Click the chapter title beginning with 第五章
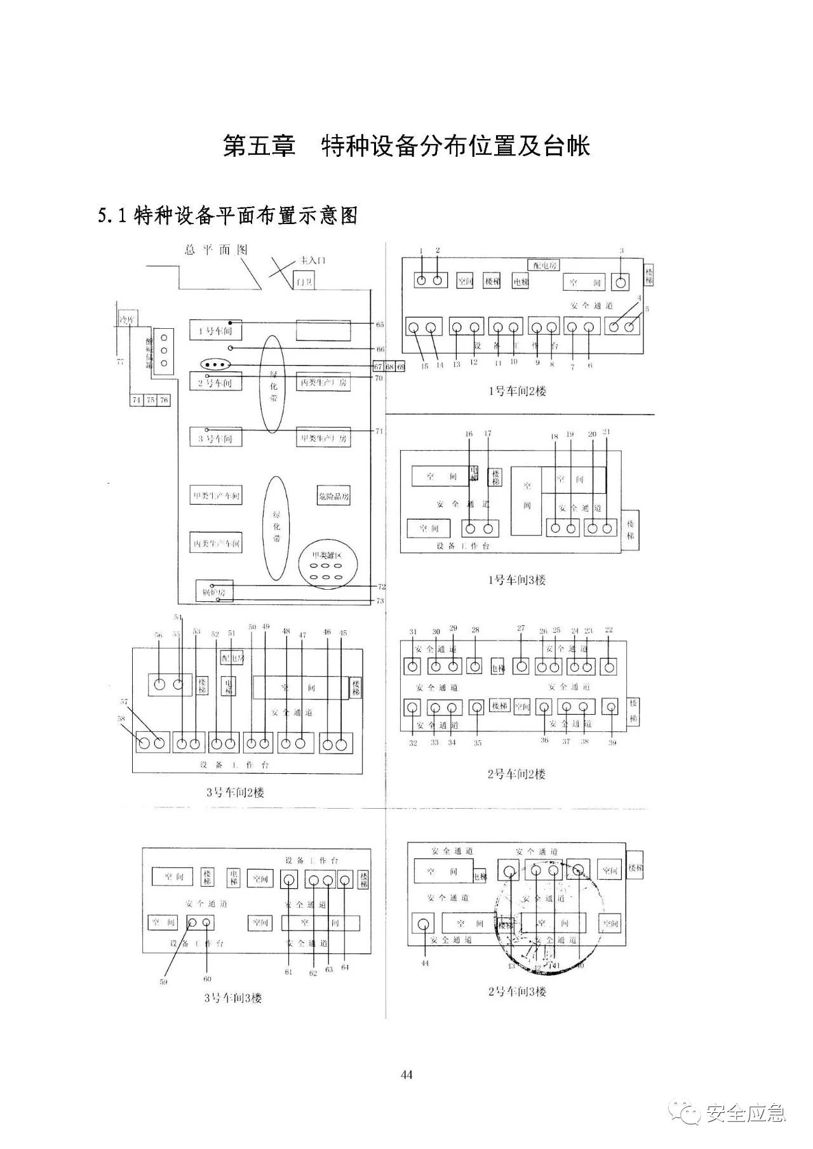406,145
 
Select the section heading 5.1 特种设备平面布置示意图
228,216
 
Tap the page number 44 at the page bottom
407,1074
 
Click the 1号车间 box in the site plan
215,330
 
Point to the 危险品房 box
333,496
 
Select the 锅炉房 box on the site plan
214,591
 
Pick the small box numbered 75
151,400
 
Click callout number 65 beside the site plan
380,324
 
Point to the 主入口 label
312,260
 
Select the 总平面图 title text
216,250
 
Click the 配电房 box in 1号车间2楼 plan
542,265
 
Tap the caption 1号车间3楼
517,580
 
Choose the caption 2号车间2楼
516,774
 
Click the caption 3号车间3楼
232,998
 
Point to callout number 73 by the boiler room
380,601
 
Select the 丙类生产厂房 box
324,383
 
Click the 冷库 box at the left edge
127,319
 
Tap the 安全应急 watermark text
746,1113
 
